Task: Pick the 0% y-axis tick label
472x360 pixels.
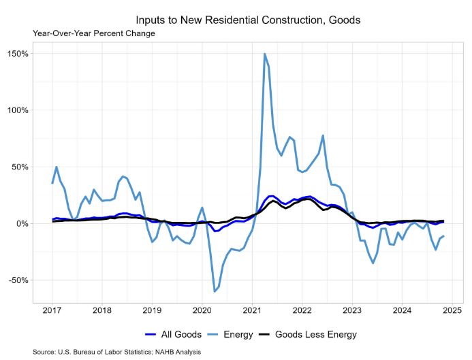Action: tap(22, 224)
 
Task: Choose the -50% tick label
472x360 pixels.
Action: tap(18, 280)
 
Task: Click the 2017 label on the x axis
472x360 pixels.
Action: tap(52, 311)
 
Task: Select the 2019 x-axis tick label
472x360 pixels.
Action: tap(152, 311)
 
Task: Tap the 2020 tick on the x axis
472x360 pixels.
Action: tap(202, 311)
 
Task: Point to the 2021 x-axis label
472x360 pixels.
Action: tap(252, 311)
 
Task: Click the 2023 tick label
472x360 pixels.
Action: tap(352, 311)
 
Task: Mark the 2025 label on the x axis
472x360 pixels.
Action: tap(452, 311)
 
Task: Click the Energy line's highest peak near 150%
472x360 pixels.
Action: tap(264, 54)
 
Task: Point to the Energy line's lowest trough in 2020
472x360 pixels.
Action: tap(215, 291)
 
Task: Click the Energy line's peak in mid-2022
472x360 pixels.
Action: tap(323, 135)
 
